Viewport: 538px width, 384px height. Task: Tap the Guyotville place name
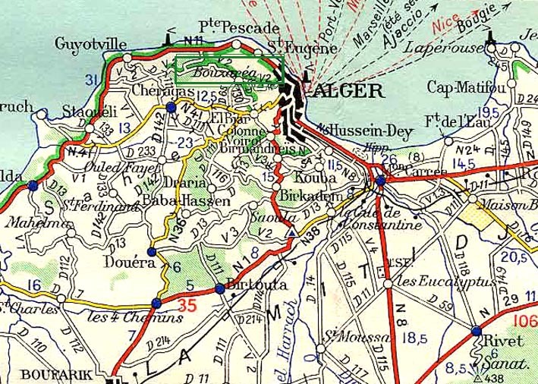90,44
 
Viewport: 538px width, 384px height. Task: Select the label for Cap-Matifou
467,85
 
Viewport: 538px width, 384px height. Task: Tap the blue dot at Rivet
475,331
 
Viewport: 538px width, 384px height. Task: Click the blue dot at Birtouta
219,288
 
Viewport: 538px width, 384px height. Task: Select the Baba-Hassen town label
186,201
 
